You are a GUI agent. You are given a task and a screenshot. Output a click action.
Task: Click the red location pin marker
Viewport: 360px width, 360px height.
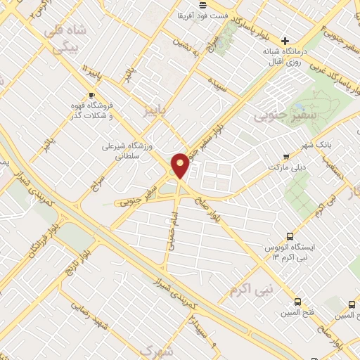click(181, 165)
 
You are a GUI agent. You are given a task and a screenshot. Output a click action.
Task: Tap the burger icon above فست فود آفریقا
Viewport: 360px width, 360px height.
click(202, 4)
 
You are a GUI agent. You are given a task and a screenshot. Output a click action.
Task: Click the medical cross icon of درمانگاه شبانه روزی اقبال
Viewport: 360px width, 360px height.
click(285, 41)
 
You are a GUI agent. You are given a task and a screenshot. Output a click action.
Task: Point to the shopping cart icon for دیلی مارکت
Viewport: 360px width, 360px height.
click(285, 157)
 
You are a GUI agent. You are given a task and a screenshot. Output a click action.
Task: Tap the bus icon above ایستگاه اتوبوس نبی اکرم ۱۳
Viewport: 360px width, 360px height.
click(290, 237)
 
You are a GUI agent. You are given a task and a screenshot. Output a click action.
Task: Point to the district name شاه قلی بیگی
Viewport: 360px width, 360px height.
click(65, 38)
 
